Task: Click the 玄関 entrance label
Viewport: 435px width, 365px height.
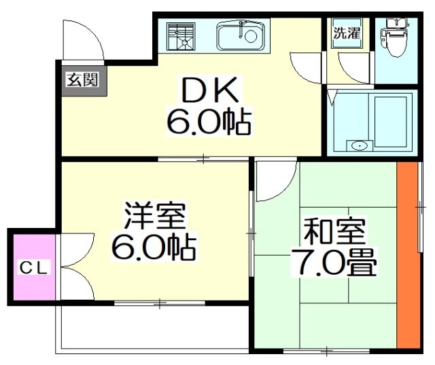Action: tap(82, 80)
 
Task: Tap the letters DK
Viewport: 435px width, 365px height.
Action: tap(210, 90)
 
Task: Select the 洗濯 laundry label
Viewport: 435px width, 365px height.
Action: tap(347, 33)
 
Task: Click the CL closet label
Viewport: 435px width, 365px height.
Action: tap(35, 267)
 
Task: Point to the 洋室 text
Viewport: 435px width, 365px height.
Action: tap(155, 215)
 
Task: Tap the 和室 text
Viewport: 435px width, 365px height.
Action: tap(334, 232)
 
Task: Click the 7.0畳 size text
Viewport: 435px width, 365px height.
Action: tap(334, 262)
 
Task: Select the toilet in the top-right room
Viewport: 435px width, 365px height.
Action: tap(395, 37)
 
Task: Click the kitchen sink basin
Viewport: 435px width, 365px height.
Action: tap(241, 36)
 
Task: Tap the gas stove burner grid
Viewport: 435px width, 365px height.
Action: tap(180, 37)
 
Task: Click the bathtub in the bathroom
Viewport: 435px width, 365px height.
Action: tap(391, 122)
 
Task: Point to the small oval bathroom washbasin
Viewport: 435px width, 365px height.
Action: tap(360, 146)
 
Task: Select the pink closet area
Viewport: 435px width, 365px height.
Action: tap(35, 267)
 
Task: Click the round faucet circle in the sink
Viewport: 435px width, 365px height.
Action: tap(251, 37)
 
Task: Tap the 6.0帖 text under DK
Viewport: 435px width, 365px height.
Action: tap(209, 122)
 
